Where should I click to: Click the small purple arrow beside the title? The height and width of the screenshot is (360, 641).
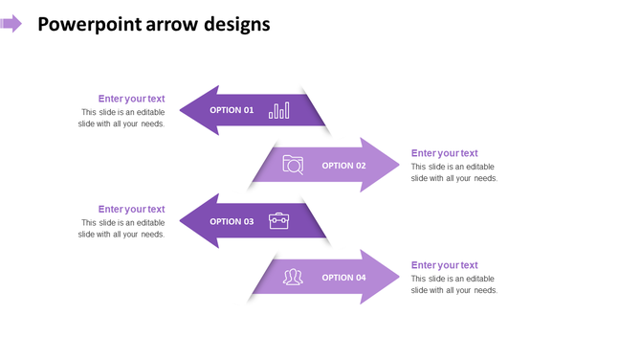click(x=11, y=24)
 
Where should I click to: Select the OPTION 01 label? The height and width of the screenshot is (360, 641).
click(x=232, y=110)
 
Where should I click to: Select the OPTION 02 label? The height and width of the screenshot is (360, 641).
click(x=343, y=166)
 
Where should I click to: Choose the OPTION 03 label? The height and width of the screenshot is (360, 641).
click(x=232, y=221)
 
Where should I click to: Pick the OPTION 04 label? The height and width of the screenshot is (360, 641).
click(x=343, y=278)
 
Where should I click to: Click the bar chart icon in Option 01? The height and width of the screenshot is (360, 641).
click(x=278, y=110)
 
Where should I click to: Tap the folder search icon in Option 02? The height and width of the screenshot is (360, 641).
click(x=293, y=165)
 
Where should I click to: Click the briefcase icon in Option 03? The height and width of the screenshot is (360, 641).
click(x=278, y=221)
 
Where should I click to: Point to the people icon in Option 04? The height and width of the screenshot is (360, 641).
click(x=293, y=277)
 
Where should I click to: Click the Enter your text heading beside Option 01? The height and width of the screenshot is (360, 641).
click(x=131, y=99)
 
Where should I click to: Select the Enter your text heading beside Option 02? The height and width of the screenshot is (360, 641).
click(x=444, y=153)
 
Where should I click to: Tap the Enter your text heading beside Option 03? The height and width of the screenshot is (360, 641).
click(x=131, y=209)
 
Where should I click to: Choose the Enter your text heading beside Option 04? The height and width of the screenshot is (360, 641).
click(x=444, y=265)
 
